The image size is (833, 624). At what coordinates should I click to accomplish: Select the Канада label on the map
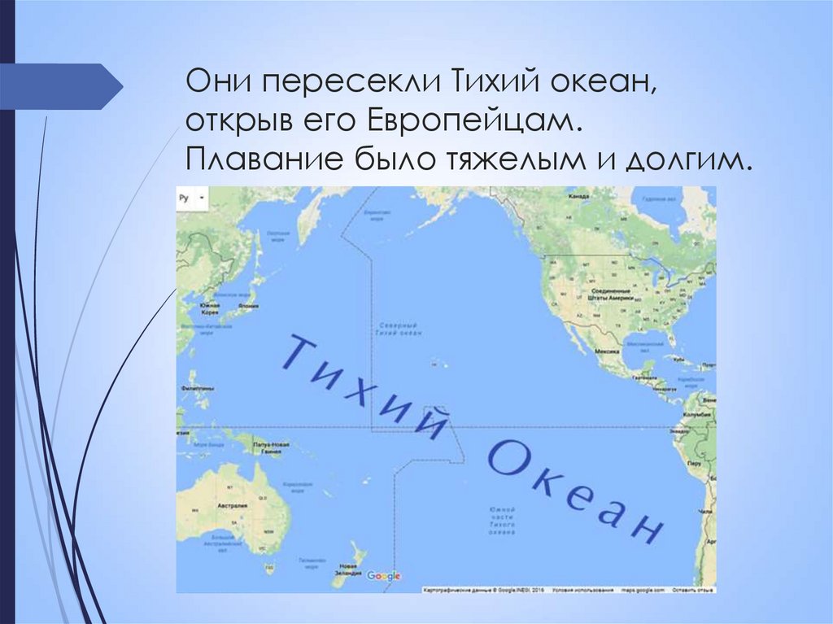(x=578, y=197)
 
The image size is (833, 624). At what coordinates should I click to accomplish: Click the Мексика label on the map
(x=608, y=351)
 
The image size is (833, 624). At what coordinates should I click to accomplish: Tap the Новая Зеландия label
(x=347, y=569)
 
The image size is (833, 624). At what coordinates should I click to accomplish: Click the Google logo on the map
(x=384, y=576)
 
